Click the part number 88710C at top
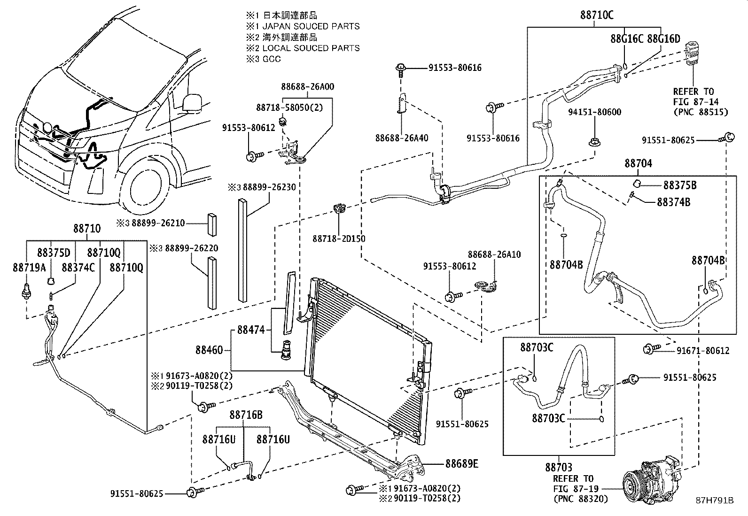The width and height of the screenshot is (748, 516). tap(595, 15)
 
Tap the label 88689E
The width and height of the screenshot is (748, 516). tap(461, 464)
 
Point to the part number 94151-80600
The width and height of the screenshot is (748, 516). tap(594, 112)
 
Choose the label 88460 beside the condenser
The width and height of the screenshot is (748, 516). tap(210, 350)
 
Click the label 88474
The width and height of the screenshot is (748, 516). tap(251, 330)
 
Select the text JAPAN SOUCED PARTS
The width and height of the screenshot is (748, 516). tap(311, 26)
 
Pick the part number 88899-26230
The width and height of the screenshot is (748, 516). tap(269, 187)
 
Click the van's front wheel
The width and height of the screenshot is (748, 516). tap(148, 185)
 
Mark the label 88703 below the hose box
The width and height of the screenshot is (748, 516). tap(559, 467)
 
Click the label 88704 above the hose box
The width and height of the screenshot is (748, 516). tap(638, 163)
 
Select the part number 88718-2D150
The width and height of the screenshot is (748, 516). tap(339, 239)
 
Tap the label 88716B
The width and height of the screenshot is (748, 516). tap(246, 415)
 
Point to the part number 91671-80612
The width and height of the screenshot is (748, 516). tap(703, 350)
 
